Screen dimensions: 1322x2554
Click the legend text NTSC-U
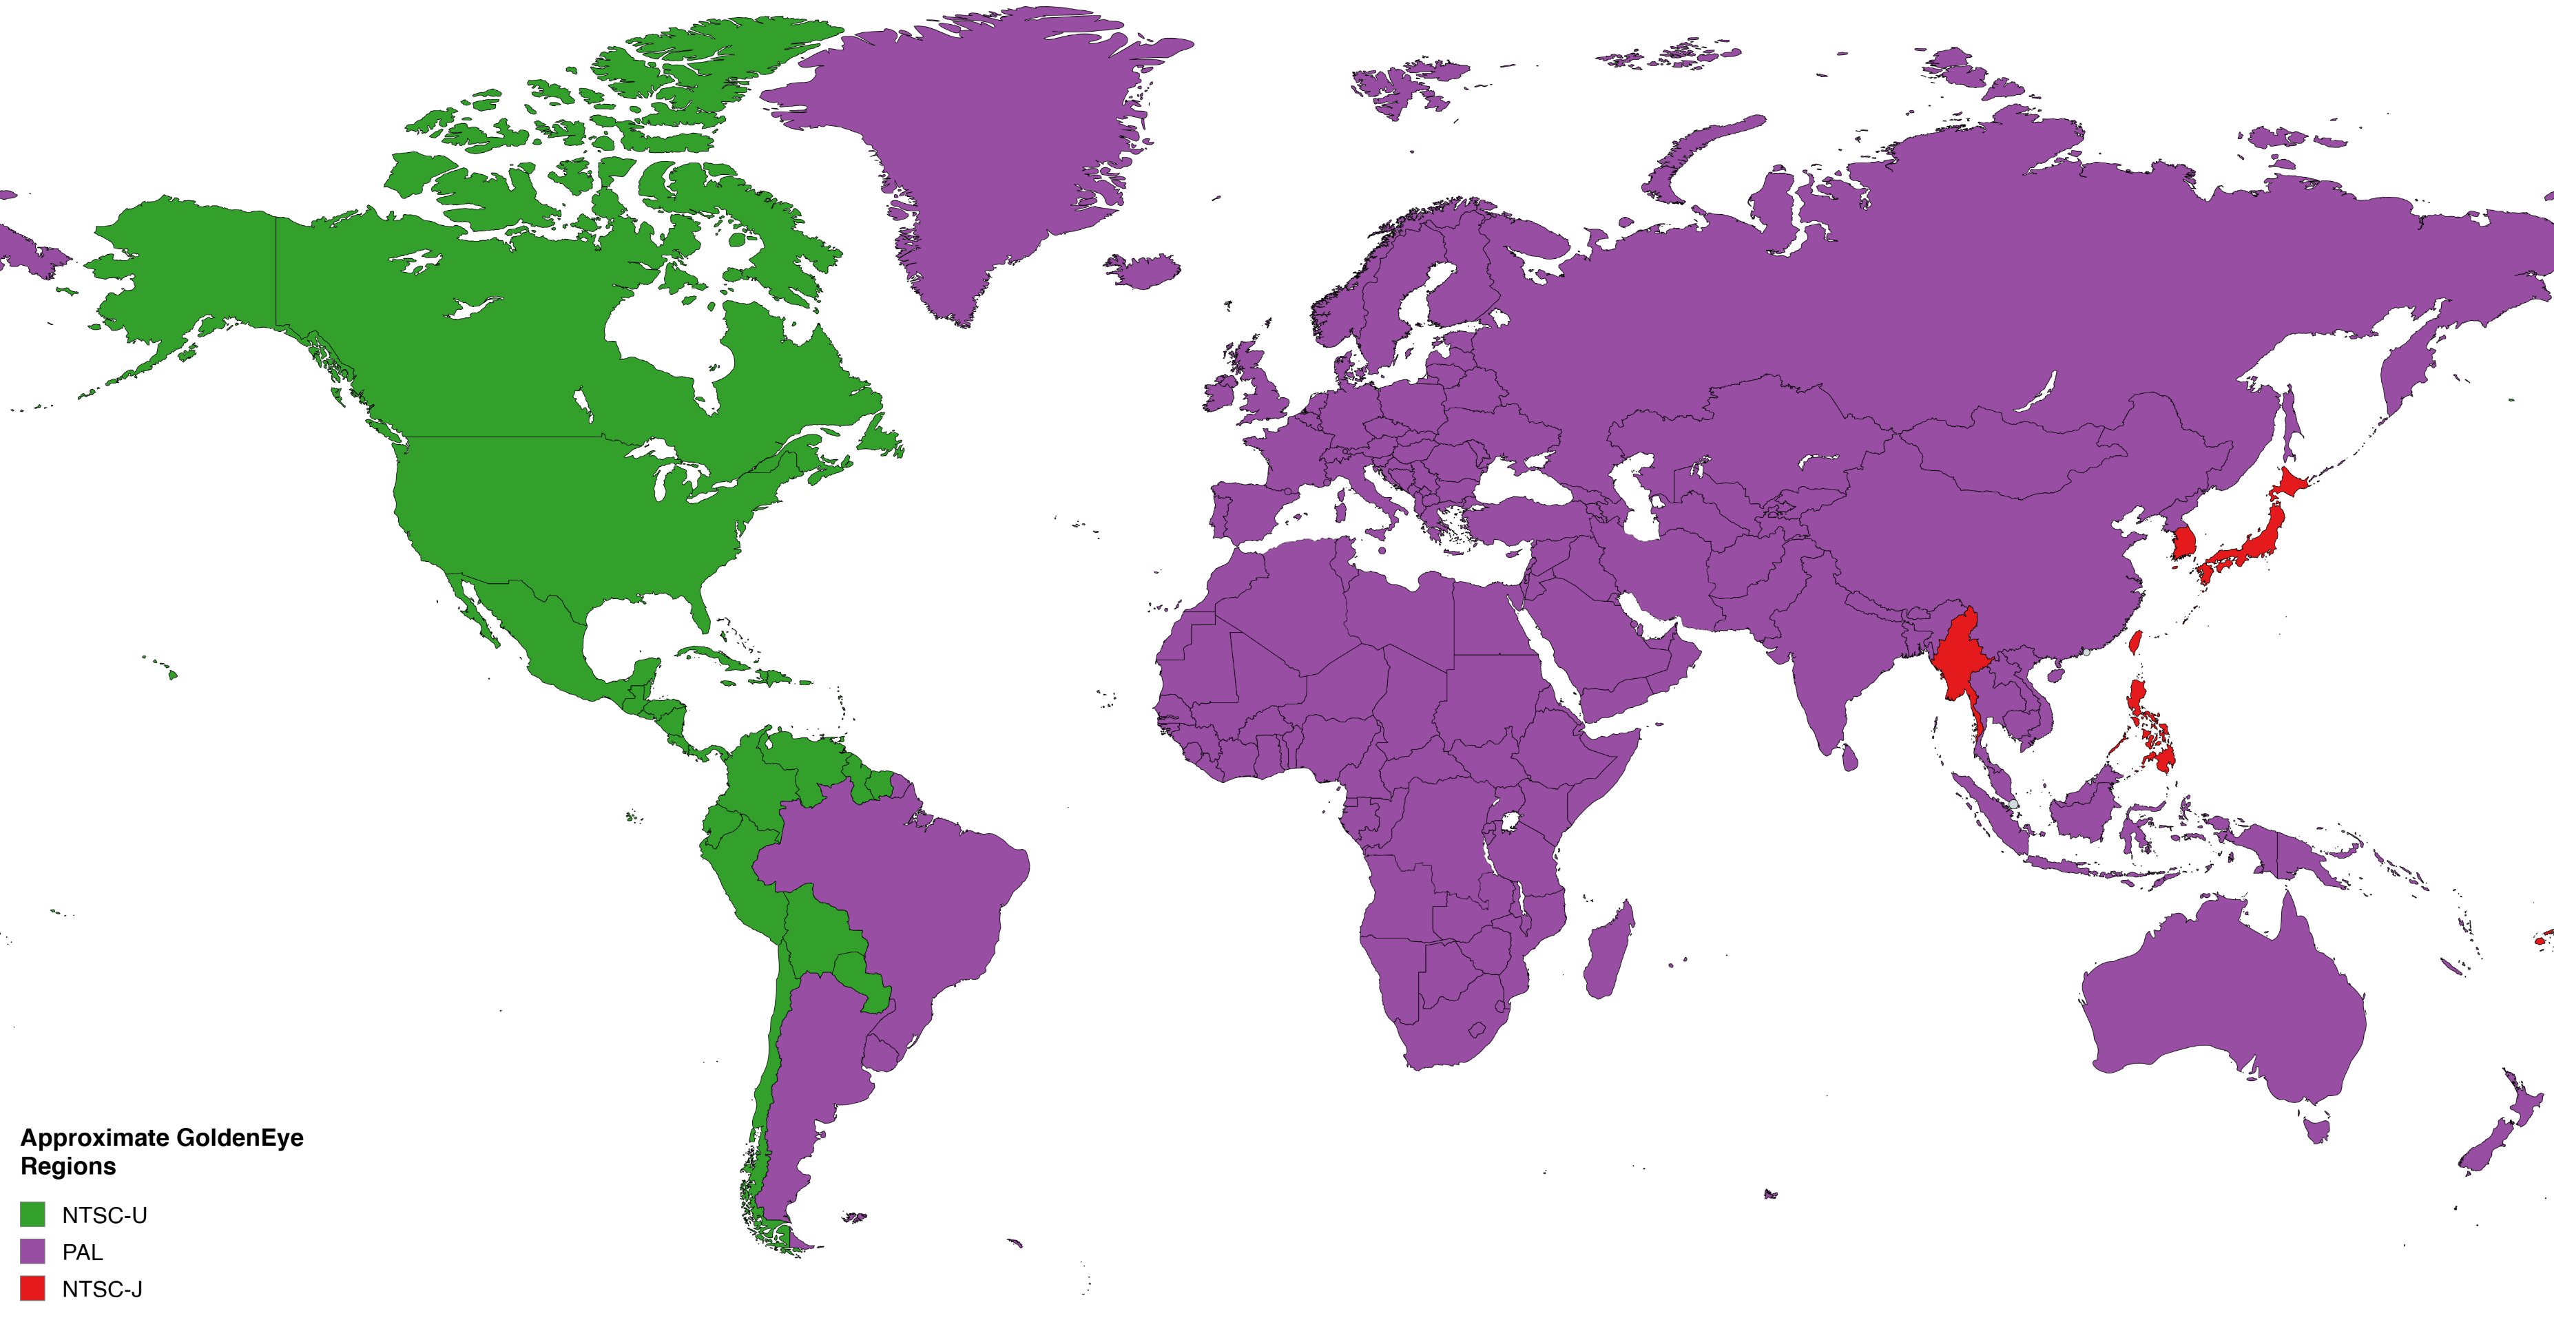coord(104,1215)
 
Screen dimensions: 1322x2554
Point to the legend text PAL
coord(82,1252)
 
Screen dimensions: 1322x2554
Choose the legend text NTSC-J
coord(102,1290)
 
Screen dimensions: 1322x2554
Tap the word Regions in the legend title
coord(68,1166)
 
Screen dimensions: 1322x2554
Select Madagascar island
coord(1608,952)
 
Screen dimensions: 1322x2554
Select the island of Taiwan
coord(2136,642)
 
